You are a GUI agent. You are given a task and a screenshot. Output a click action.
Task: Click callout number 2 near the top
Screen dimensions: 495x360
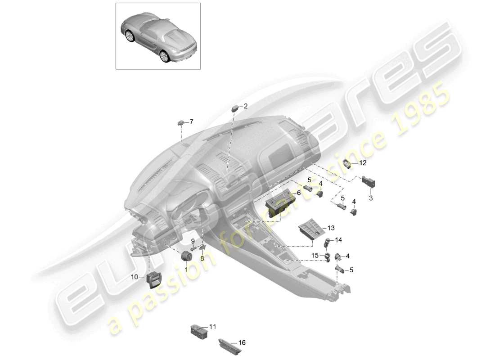click(246, 106)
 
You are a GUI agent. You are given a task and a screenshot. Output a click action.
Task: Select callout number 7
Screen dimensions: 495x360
click(191, 122)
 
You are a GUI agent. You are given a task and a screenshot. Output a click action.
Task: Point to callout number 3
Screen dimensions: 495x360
click(371, 198)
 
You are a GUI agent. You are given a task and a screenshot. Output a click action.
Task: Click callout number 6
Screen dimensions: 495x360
click(299, 192)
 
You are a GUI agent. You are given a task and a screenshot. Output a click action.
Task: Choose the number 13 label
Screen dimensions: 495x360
click(331, 228)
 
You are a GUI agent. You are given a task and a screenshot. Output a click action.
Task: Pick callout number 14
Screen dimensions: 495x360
click(338, 240)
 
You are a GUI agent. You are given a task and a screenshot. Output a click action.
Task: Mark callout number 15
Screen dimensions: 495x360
click(315, 255)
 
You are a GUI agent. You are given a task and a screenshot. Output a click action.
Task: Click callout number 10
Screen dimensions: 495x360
click(135, 277)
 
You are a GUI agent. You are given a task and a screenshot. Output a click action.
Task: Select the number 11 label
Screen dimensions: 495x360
click(213, 327)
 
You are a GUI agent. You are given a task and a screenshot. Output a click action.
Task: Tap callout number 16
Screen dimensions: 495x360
click(242, 342)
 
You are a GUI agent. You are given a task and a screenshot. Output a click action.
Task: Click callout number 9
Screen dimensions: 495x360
click(193, 241)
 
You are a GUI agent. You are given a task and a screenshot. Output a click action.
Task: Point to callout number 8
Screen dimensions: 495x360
click(202, 258)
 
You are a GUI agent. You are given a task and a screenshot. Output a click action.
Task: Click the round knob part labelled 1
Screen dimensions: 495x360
click(185, 256)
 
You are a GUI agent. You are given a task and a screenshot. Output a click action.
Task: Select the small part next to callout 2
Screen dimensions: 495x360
click(235, 108)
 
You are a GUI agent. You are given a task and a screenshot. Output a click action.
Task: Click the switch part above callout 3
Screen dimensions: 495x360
click(369, 181)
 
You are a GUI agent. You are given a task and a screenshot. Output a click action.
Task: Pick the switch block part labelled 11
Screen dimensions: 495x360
click(198, 330)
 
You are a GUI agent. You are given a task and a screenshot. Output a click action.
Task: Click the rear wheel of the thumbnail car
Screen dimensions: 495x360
click(164, 56)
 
